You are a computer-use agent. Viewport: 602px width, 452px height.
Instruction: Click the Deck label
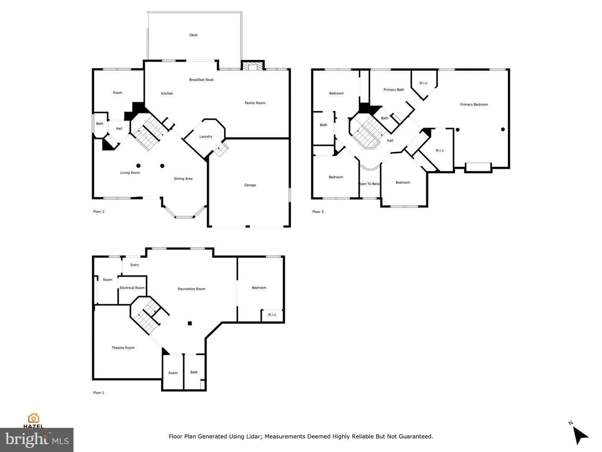click(194, 35)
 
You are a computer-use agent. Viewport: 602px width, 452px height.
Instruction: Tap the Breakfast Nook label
click(202, 80)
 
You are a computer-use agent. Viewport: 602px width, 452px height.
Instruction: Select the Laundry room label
click(206, 136)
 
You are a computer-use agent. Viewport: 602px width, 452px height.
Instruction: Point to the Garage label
click(250, 185)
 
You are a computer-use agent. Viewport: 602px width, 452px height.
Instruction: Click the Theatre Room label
click(123, 348)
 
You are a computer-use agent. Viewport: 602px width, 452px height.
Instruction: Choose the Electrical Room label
click(132, 288)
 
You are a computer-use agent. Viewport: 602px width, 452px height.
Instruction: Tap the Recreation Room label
click(191, 289)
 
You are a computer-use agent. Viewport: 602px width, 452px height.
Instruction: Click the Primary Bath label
click(393, 90)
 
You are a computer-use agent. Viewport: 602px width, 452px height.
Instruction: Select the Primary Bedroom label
click(474, 104)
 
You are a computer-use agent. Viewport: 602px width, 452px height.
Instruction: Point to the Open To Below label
click(370, 184)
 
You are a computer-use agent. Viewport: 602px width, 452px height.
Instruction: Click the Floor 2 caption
click(99, 211)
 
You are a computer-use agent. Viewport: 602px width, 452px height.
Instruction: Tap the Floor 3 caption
click(318, 212)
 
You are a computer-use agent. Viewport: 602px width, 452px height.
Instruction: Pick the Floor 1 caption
click(99, 393)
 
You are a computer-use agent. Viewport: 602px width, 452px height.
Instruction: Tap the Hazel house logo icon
click(33, 418)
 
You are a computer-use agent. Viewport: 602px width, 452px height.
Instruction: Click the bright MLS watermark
click(37, 440)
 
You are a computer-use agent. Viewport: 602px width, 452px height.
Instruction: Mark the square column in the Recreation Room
click(189, 323)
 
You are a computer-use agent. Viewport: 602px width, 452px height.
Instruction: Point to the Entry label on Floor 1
click(134, 265)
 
